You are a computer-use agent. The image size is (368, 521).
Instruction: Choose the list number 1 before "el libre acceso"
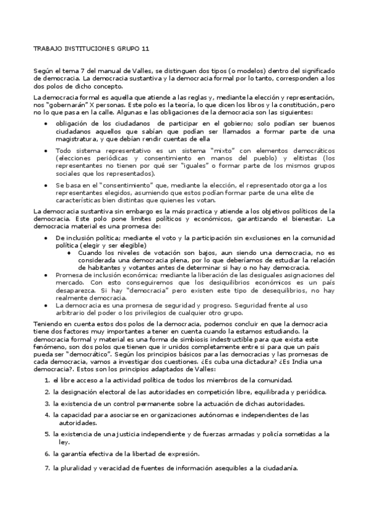coord(47,381)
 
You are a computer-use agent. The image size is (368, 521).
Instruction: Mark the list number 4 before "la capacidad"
coord(47,415)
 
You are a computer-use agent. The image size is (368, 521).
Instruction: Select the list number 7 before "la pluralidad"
coord(47,468)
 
